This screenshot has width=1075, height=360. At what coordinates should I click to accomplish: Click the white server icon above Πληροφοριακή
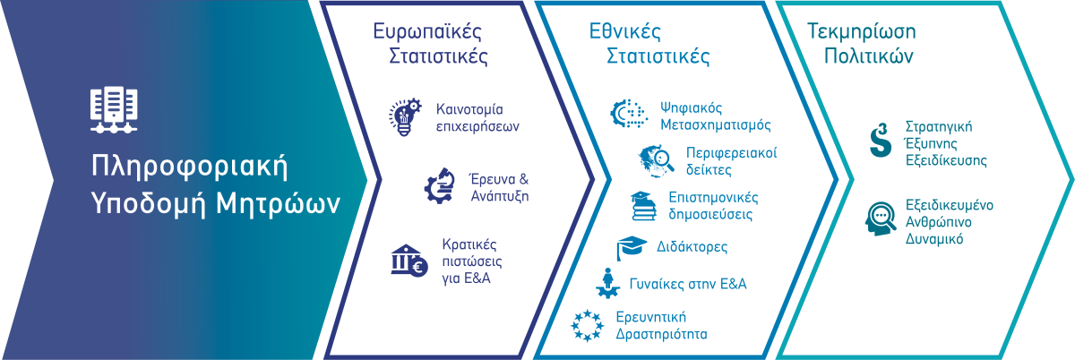click(114, 109)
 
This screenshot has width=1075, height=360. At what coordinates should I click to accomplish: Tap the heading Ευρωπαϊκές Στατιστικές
click(431, 43)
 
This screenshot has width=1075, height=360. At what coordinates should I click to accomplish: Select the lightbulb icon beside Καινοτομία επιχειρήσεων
click(405, 117)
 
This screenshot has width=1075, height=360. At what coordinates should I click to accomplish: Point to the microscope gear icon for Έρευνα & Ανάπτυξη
click(440, 185)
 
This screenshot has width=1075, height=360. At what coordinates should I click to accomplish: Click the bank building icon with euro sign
click(408, 261)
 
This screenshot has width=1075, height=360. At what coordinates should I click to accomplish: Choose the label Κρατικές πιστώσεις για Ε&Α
click(472, 261)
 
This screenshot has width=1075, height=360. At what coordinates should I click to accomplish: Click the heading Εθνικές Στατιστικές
click(649, 43)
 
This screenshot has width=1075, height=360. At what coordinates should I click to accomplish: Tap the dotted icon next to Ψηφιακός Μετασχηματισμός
click(629, 115)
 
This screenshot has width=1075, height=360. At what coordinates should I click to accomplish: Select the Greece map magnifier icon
click(656, 161)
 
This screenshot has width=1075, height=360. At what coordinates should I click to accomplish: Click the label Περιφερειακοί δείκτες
click(731, 161)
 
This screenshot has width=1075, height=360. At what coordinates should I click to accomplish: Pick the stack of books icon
click(643, 206)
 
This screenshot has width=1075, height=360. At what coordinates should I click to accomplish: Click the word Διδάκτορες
click(692, 247)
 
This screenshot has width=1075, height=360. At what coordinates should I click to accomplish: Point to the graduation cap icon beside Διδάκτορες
click(632, 248)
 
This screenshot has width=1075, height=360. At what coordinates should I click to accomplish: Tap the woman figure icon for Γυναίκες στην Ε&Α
click(607, 283)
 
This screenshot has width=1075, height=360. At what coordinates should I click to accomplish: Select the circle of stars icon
click(587, 325)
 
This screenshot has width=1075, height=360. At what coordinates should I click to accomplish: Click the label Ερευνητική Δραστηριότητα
click(661, 325)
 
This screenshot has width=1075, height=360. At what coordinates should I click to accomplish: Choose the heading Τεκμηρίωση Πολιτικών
click(862, 43)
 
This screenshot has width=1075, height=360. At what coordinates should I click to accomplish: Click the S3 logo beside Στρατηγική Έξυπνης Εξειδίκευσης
click(880, 140)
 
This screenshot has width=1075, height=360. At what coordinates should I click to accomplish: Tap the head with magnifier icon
click(881, 219)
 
